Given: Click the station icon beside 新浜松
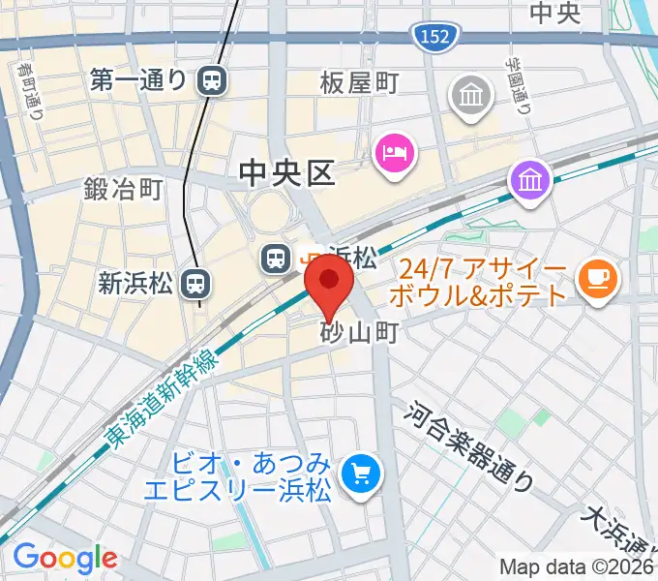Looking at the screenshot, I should (x=196, y=283).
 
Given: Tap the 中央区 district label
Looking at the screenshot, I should (x=287, y=174).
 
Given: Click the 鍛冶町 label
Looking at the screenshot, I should (x=123, y=189).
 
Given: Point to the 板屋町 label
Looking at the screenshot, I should (x=359, y=84).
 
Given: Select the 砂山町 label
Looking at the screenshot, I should (x=359, y=333).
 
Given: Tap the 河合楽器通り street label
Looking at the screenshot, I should (x=469, y=444).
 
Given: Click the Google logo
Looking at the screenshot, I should (x=65, y=558).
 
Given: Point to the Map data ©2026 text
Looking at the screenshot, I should (x=577, y=566).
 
